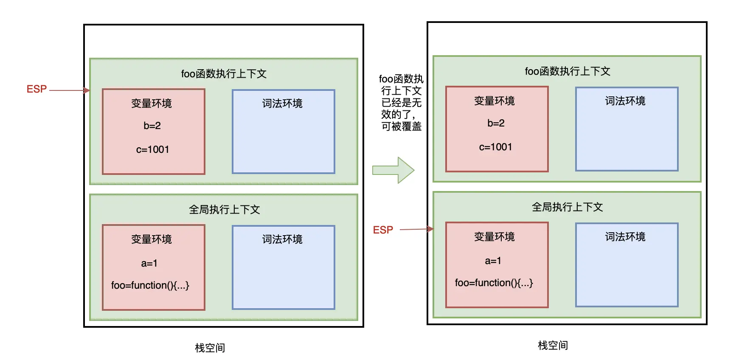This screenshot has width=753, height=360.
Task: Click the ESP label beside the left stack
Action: click(37, 89)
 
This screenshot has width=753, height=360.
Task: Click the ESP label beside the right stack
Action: click(383, 230)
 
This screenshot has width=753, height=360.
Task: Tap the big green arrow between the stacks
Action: click(393, 170)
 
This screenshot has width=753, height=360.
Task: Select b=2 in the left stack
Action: click(152, 126)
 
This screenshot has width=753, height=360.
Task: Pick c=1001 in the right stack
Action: click(495, 147)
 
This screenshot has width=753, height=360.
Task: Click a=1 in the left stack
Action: click(149, 263)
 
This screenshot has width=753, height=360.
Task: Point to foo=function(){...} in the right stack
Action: click(494, 283)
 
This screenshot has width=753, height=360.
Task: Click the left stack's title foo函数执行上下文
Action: click(224, 74)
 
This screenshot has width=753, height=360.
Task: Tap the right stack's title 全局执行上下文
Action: click(567, 207)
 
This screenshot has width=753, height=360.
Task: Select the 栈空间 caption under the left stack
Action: click(210, 348)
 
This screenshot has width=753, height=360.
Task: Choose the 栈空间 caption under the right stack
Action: click(553, 346)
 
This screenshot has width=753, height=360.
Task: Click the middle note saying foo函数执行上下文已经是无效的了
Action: click(401, 103)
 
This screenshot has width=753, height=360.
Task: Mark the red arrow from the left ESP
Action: click(70, 90)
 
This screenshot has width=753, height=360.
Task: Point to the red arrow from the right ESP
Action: click(417, 229)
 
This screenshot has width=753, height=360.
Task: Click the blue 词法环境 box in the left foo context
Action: click(284, 132)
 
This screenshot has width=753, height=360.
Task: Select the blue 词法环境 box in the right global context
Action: click(627, 265)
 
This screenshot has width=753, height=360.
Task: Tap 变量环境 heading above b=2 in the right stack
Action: click(495, 101)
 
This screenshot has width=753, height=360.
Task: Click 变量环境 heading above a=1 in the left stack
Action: click(152, 239)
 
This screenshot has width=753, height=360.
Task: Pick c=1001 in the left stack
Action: click(152, 149)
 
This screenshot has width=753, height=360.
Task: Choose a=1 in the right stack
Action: click(493, 261)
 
